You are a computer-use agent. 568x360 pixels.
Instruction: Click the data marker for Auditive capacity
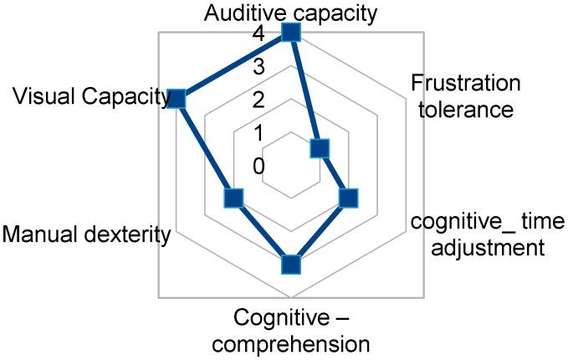tap(290, 32)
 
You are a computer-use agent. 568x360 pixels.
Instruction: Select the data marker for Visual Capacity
tap(176, 99)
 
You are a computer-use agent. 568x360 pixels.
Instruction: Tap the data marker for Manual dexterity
tap(233, 198)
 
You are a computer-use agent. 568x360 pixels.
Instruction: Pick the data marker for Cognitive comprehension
tap(290, 265)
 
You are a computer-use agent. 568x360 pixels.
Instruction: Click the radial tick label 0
tap(258, 166)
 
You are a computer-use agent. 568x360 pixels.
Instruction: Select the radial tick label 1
tap(258, 133)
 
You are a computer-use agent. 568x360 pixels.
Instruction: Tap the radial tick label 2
tap(258, 100)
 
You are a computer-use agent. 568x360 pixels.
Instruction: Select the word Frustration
tap(466, 84)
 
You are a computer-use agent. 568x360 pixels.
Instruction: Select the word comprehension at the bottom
tap(300, 343)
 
